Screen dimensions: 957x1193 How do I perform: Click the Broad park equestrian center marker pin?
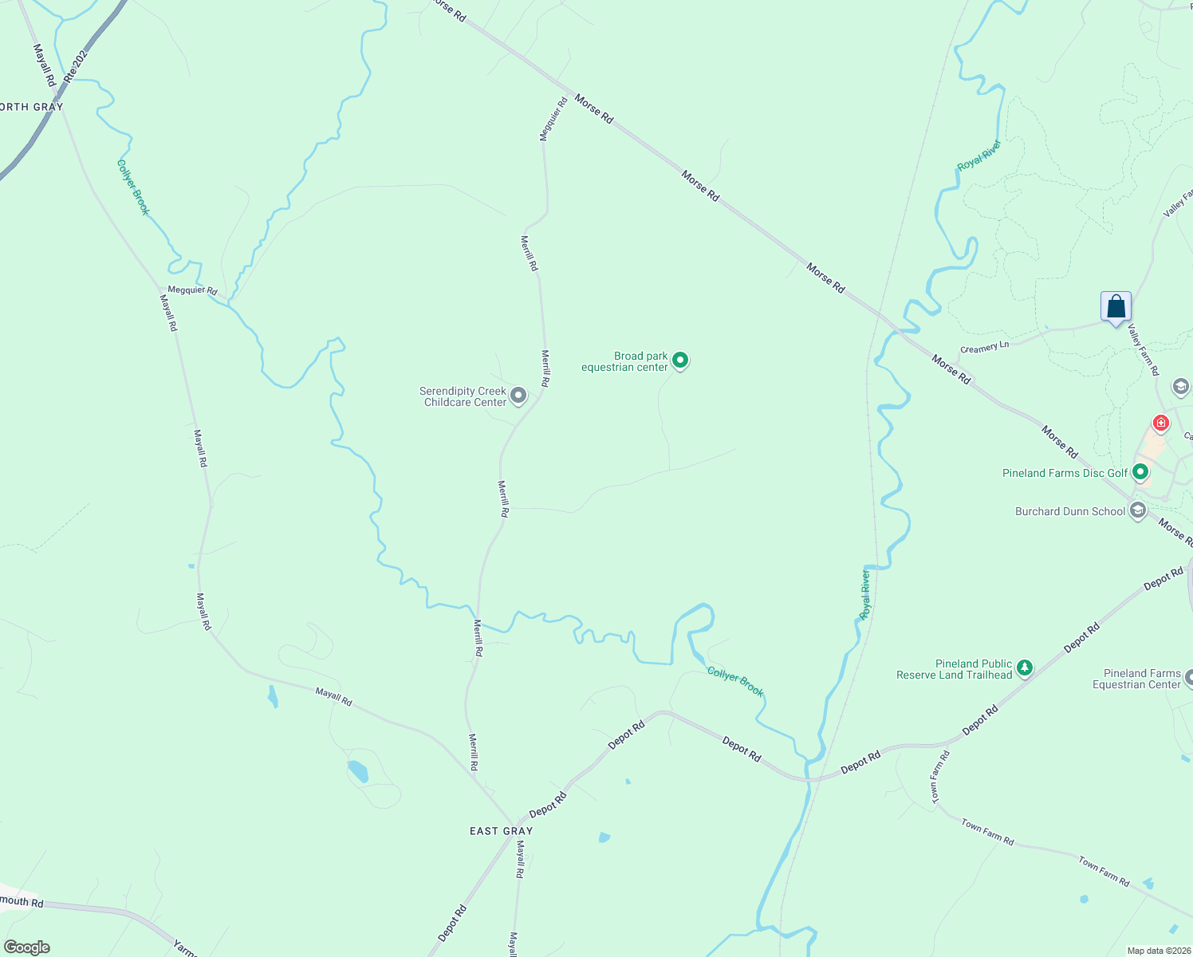680,360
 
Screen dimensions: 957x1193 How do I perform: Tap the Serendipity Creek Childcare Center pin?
518,395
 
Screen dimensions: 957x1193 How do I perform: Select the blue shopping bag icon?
1116,307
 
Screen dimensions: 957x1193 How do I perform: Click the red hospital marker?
1160,423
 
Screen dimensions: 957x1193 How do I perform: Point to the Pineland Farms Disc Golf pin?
1140,473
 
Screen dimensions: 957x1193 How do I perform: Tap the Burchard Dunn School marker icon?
1138,510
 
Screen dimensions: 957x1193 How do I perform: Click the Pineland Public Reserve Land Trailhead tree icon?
1025,668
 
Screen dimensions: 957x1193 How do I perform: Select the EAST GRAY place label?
501,831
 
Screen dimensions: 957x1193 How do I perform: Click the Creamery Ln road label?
984,348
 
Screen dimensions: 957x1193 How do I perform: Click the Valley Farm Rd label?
1144,351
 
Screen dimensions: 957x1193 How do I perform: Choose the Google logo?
27,947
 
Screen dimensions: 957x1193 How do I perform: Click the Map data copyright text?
1158,951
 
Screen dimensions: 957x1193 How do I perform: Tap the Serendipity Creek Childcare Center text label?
464,396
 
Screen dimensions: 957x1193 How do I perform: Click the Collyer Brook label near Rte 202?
133,187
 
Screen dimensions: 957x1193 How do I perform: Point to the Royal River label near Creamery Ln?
978,155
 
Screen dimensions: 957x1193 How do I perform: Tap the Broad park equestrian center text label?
625,361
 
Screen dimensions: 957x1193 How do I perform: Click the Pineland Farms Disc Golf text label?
1065,473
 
